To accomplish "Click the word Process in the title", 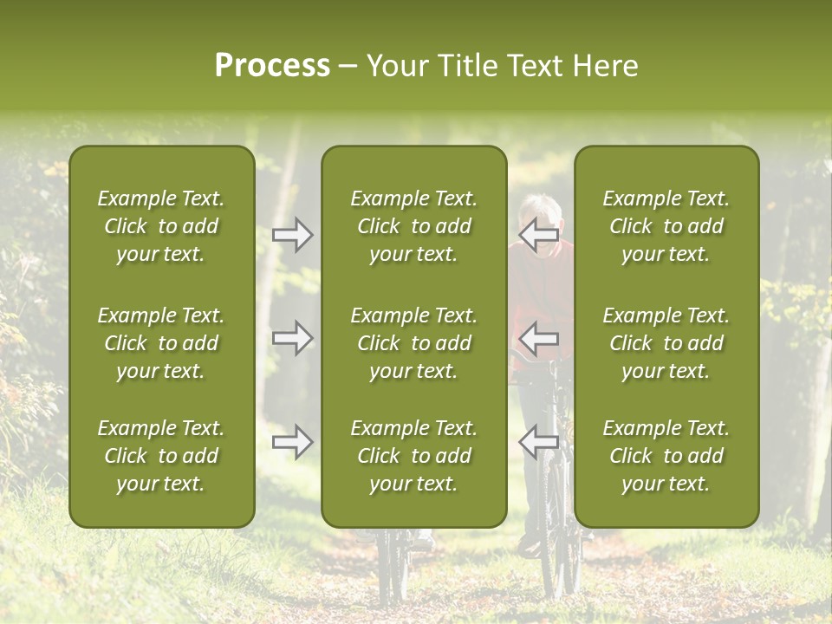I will [272, 66].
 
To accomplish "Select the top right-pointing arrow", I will [293, 234].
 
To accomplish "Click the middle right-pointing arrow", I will [293, 338].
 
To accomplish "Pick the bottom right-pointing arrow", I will [293, 442].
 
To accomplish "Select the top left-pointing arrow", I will [538, 234].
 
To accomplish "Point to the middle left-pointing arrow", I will [538, 338].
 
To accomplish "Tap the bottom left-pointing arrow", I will [538, 442].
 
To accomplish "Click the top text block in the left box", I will [161, 226].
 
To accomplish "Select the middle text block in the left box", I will [161, 343].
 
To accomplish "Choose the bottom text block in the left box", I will [161, 456].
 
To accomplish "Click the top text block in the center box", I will [413, 226].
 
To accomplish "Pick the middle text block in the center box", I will [413, 343].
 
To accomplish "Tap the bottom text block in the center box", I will [413, 456].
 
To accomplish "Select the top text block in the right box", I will [666, 226].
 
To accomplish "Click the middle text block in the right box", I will [666, 343].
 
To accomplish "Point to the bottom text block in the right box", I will [666, 456].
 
